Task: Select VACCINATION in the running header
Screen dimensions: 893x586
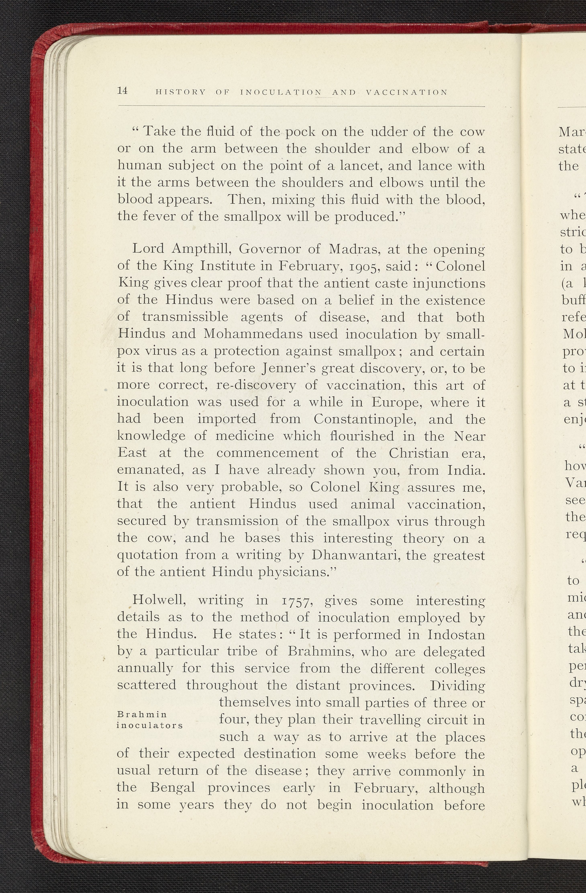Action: pos(406,92)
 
